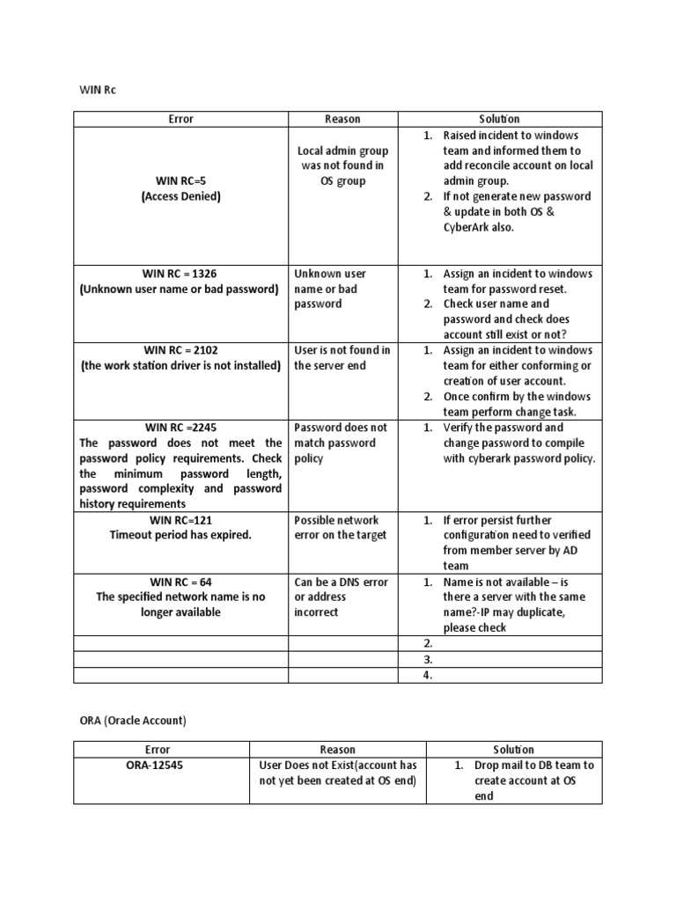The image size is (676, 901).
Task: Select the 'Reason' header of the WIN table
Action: pos(342,119)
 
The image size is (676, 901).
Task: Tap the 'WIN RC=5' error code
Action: pos(180,181)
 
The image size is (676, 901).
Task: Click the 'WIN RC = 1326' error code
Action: pos(180,274)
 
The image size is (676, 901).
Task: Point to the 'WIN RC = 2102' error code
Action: pos(180,350)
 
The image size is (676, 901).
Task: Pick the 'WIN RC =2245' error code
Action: pos(180,428)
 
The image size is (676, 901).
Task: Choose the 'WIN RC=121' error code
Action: pos(180,520)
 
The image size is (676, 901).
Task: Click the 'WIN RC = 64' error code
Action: pos(180,582)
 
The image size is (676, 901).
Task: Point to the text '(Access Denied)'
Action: pos(180,196)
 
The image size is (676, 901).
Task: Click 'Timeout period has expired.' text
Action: pos(180,535)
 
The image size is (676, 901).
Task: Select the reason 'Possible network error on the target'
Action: pos(341,527)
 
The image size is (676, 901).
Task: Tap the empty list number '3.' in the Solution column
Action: pos(429,658)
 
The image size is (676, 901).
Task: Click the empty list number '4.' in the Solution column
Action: pos(429,675)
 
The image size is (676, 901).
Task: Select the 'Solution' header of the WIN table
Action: pos(499,119)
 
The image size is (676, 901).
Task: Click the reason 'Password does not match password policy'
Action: pos(341,443)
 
